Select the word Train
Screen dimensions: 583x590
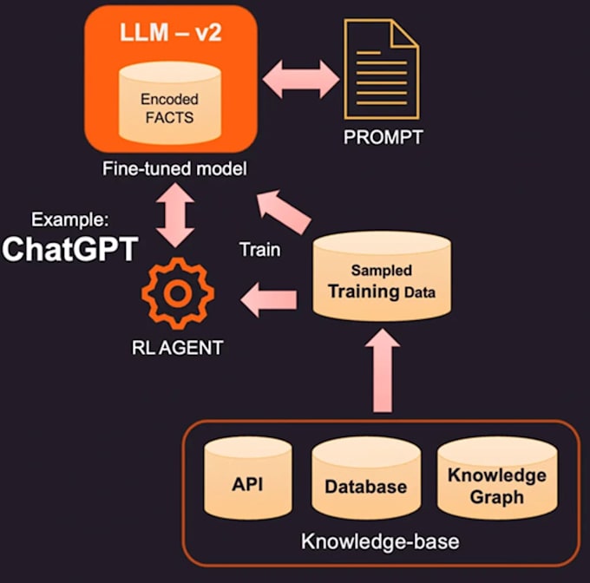(x=259, y=251)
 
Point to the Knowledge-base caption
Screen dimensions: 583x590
(x=379, y=543)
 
